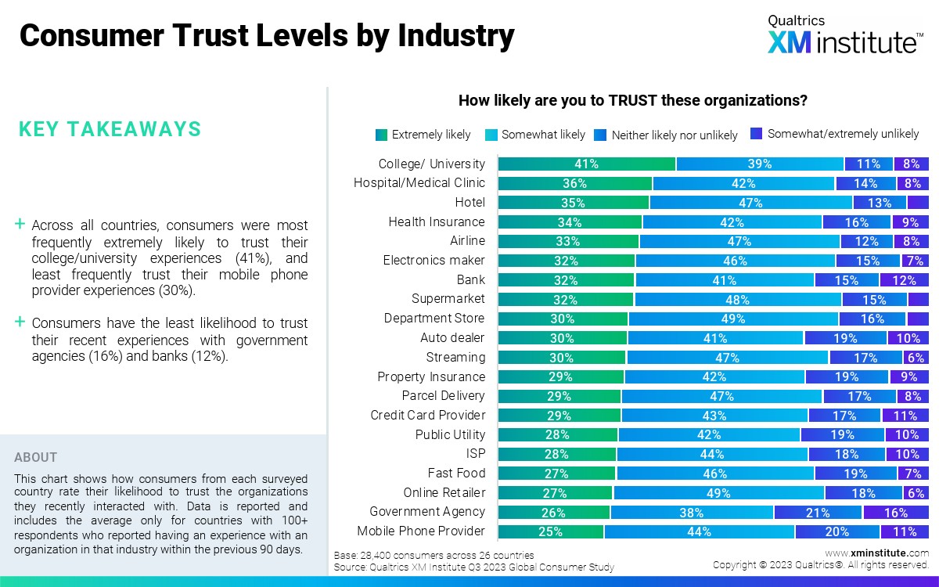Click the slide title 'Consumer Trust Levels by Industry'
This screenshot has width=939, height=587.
tap(267, 36)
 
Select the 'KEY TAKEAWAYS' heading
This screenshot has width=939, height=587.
tap(110, 129)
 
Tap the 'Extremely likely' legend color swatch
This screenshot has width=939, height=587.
tap(381, 135)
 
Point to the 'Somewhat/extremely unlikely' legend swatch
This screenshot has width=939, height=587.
tap(757, 134)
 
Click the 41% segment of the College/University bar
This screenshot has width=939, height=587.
tap(587, 164)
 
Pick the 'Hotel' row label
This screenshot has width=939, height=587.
tap(469, 203)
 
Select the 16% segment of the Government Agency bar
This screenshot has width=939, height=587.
tap(896, 513)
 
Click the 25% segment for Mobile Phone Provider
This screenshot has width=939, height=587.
tap(551, 531)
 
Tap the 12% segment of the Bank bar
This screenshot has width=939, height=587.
tap(904, 279)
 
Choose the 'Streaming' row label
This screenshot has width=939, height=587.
tap(455, 357)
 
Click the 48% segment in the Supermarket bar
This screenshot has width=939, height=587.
tap(738, 299)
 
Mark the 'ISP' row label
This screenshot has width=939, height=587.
tap(476, 454)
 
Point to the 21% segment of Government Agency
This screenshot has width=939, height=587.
tap(818, 513)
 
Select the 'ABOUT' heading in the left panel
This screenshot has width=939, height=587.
tap(35, 457)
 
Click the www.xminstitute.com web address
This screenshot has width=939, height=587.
tap(876, 553)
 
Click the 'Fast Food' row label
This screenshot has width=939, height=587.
tap(456, 473)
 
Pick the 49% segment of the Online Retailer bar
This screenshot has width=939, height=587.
tap(718, 493)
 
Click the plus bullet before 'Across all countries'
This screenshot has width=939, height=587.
tap(20, 225)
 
